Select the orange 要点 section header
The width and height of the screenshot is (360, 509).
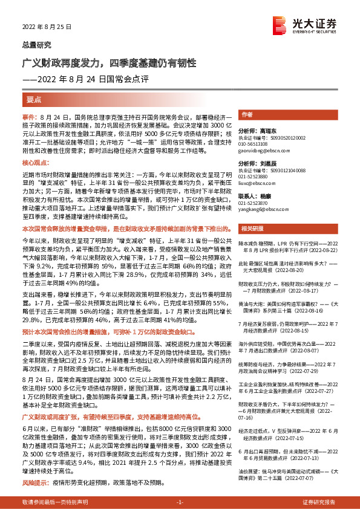pos(34,99)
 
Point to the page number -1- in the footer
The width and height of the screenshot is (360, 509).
pos(179,502)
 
